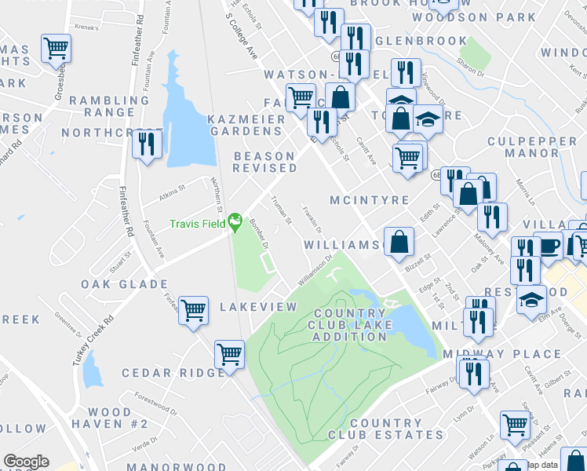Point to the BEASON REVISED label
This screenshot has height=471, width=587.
point(264,162)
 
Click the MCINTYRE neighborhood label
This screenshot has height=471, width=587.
point(370,200)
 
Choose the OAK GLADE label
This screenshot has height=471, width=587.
point(113,283)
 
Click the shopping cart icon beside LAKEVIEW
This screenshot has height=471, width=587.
point(193,309)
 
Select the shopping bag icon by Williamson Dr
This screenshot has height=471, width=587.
point(399,243)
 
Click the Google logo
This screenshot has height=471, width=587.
point(26,462)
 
